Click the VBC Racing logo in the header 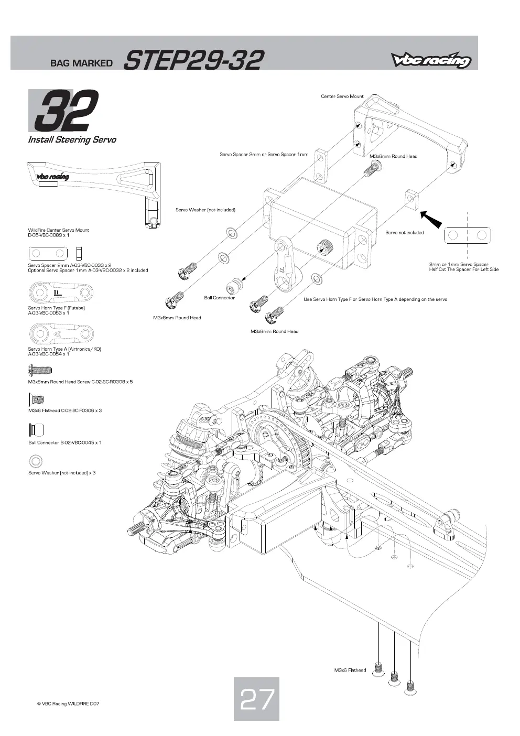click(x=431, y=60)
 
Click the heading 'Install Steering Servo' click(x=72, y=139)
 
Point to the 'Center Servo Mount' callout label click(x=342, y=96)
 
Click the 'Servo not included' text click(x=404, y=233)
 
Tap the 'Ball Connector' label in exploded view click(x=220, y=298)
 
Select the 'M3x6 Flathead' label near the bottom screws click(x=350, y=670)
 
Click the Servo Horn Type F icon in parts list click(x=60, y=292)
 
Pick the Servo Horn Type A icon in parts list click(x=60, y=333)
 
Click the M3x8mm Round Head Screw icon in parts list click(x=40, y=370)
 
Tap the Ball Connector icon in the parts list click(x=36, y=429)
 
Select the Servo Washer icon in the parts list click(x=35, y=461)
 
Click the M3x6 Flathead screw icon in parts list click(x=36, y=399)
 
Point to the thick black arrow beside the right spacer click(x=431, y=219)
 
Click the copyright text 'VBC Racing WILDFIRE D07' click(x=68, y=704)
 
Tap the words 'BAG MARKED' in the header click(x=81, y=63)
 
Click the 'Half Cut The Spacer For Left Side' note click(x=463, y=269)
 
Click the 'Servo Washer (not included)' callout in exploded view click(x=205, y=210)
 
